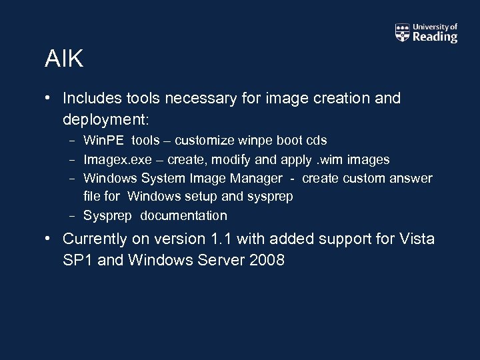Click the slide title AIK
[64, 59]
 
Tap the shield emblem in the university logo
[402, 33]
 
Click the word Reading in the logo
[435, 37]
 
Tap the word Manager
[256, 179]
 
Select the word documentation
[183, 216]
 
